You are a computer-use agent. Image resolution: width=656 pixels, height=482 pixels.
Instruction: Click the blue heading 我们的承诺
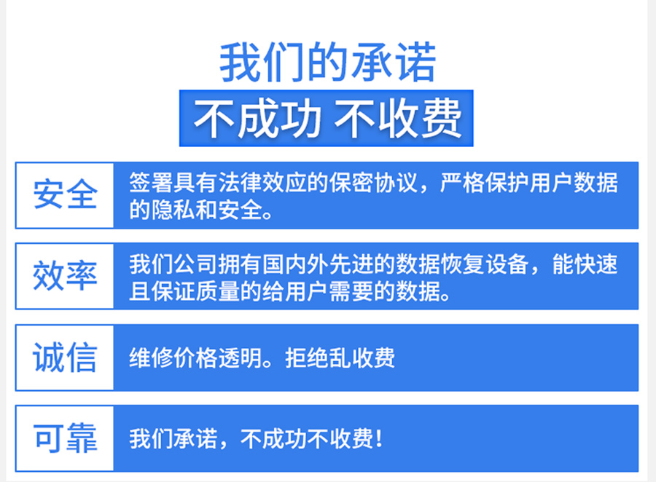[328, 63]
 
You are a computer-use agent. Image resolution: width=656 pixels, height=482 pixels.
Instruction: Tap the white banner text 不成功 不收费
[327, 119]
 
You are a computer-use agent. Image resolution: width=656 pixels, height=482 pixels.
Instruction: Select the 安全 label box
[64, 195]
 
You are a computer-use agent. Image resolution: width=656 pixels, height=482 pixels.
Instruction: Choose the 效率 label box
[64, 277]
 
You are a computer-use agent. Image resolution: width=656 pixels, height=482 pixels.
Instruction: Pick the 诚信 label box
[64, 357]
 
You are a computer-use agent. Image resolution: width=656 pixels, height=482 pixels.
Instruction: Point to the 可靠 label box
[64, 438]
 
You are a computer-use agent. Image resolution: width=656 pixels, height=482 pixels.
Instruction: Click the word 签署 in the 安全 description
[151, 183]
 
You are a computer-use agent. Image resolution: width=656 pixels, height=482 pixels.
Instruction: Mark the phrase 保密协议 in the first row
[373, 183]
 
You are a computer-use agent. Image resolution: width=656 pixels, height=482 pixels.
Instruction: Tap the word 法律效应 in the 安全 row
[262, 183]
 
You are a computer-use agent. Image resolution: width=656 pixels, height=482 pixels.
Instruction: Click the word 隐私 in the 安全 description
[173, 210]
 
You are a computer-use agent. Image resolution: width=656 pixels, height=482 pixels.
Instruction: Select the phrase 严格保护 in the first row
[484, 183]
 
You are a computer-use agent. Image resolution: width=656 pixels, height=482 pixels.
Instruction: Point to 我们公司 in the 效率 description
[173, 264]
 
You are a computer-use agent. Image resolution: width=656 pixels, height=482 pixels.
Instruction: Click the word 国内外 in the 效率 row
[295, 264]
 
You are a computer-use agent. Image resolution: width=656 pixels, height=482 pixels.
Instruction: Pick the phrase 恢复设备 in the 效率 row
[484, 264]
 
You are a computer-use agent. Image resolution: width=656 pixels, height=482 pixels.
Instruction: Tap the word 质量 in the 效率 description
[217, 291]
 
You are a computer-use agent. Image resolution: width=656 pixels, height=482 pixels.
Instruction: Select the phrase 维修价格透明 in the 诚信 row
[195, 357]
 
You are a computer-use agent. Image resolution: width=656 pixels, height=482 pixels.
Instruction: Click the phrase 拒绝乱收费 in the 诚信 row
[340, 357]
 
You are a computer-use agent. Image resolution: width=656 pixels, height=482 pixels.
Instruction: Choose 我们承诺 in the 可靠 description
[173, 439]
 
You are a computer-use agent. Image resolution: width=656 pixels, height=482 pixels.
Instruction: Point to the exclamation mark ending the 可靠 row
[378, 439]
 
